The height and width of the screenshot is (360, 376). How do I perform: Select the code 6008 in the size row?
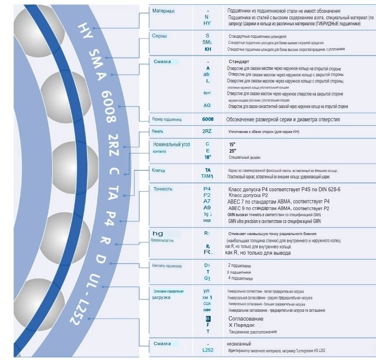(208, 119)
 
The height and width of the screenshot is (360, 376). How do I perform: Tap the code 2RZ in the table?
(207, 131)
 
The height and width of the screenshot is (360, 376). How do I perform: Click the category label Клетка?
(159, 170)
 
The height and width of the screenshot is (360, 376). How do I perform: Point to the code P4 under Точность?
(207, 189)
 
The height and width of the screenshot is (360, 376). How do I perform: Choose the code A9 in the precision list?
(207, 208)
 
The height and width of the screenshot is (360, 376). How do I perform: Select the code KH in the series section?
(208, 49)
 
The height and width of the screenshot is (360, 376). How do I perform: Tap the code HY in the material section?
(207, 23)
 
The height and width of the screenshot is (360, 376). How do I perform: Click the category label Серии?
(159, 36)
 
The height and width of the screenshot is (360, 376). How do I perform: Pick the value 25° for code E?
(232, 151)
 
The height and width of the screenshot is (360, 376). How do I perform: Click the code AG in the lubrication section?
(207, 106)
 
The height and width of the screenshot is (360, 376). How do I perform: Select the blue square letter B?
(208, 319)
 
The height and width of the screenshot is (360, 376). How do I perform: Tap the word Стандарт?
(239, 61)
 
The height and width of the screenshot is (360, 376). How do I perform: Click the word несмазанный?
(239, 344)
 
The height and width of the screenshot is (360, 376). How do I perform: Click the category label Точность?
(163, 188)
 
